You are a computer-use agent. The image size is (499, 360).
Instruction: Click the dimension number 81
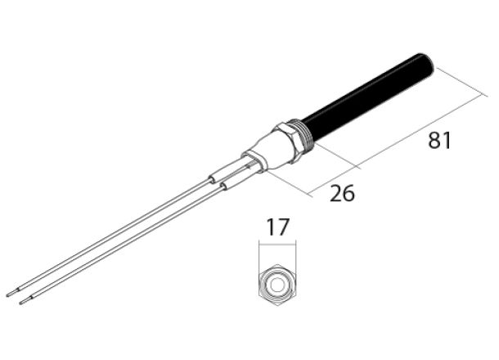tap(441, 142)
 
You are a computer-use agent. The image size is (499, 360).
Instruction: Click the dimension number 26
tap(343, 194)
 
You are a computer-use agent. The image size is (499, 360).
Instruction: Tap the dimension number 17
tap(277, 227)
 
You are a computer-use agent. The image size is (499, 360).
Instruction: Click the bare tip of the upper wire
tap(9, 292)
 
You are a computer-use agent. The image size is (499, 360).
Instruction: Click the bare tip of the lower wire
tap(23, 302)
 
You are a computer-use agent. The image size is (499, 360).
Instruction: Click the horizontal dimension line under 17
tap(276, 245)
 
